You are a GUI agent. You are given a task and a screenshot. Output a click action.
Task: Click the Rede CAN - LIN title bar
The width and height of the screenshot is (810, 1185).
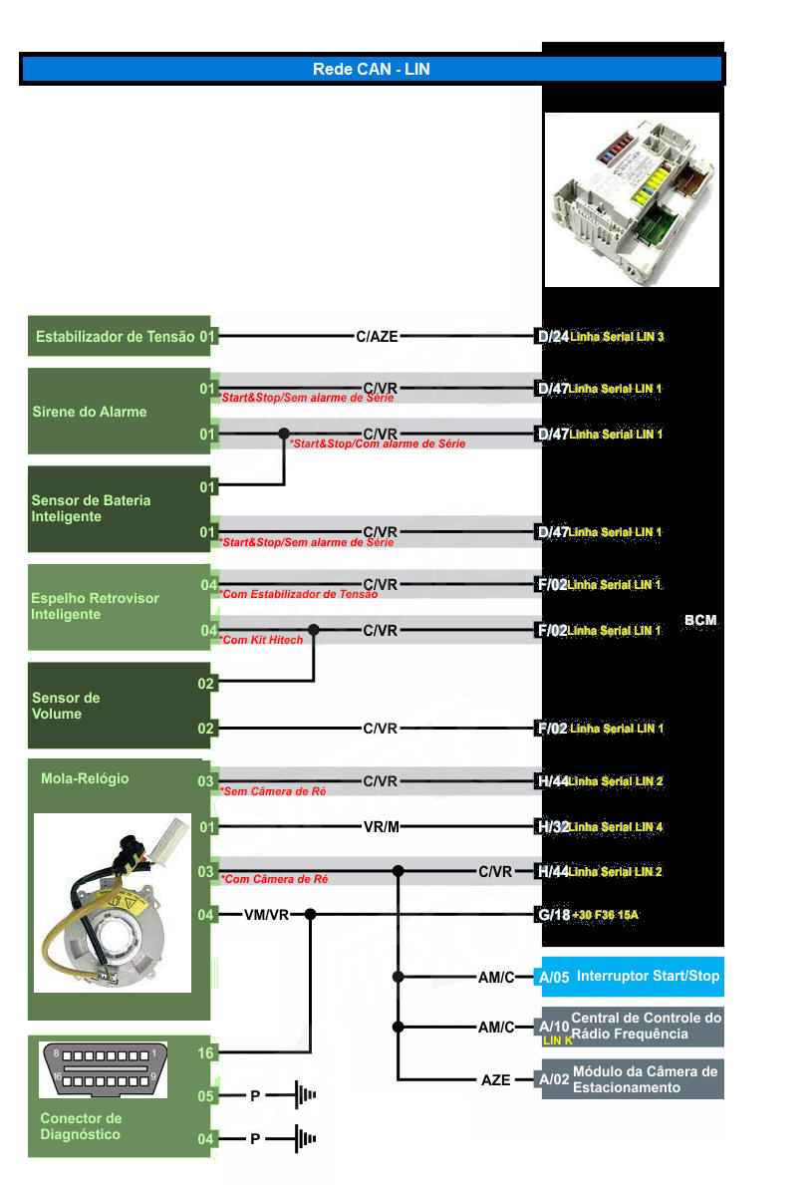click(371, 69)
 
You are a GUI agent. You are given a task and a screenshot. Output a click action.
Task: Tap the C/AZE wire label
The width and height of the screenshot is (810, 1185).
click(377, 337)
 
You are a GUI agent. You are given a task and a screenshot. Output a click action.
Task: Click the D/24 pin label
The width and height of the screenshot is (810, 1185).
click(553, 337)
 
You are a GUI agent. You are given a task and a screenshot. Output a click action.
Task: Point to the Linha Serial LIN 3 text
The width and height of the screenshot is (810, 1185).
click(618, 337)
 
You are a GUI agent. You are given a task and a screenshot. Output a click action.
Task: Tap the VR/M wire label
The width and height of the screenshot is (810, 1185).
click(381, 826)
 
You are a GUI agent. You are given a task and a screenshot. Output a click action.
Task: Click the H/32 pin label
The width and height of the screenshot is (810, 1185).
click(552, 826)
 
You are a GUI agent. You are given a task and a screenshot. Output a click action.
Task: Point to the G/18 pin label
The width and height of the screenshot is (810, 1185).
click(553, 914)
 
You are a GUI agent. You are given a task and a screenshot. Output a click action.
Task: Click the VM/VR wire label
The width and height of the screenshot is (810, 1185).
click(266, 914)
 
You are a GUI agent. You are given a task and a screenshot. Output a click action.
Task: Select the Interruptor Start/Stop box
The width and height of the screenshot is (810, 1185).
click(631, 977)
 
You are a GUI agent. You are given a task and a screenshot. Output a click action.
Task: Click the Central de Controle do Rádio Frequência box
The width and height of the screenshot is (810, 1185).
click(631, 1027)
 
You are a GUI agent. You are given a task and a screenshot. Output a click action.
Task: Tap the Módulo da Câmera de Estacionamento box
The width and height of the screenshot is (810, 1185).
click(631, 1079)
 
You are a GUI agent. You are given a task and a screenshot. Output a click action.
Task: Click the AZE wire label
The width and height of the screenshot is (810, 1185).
click(495, 1079)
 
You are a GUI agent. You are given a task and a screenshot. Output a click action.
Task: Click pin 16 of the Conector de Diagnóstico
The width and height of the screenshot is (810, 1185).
click(206, 1052)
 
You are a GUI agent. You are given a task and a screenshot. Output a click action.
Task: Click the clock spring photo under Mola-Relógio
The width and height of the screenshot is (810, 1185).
click(112, 903)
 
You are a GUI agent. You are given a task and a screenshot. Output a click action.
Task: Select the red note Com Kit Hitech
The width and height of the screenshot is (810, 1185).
click(262, 640)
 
